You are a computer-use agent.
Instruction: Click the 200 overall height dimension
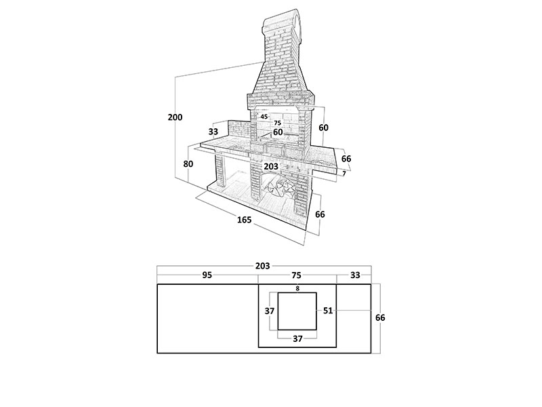[x=175, y=117]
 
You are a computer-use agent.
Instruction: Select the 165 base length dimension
[x=245, y=220]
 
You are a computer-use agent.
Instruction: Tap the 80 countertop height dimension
[x=188, y=163]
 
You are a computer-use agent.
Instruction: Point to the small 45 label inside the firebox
[x=264, y=117]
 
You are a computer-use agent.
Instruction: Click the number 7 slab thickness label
[x=344, y=174]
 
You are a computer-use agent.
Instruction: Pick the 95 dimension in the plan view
[x=207, y=275]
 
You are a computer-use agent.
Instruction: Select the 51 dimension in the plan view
[x=328, y=311]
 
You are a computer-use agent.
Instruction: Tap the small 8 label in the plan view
[x=297, y=288]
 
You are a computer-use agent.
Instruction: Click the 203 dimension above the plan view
[x=262, y=266]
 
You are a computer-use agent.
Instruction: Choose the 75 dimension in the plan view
[x=296, y=275]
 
